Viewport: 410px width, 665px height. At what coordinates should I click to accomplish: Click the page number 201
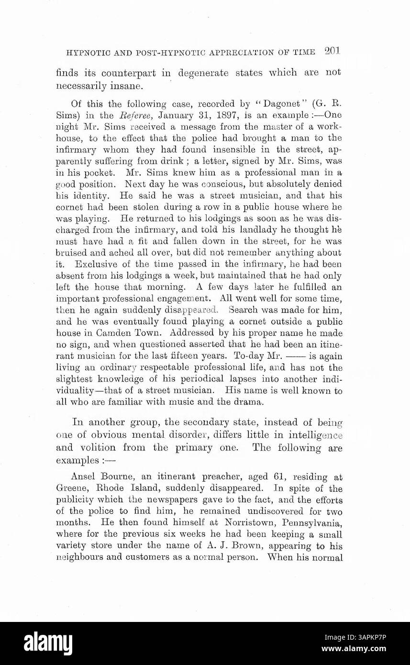pos(331,51)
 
